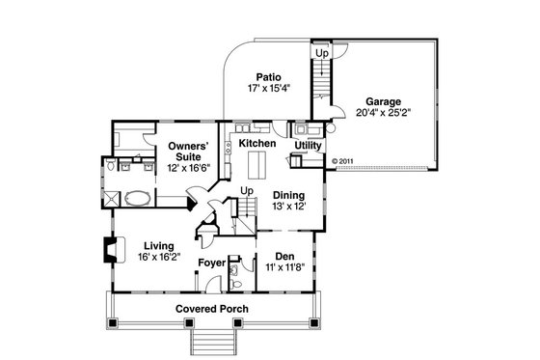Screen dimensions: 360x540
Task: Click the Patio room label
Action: coord(268,75)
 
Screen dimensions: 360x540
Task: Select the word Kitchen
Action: coord(257,144)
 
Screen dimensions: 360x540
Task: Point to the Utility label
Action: coord(309,146)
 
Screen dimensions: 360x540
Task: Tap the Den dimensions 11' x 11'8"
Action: coord(284,269)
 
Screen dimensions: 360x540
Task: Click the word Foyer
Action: coord(212,263)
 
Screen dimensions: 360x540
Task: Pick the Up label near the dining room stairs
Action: coord(246,191)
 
